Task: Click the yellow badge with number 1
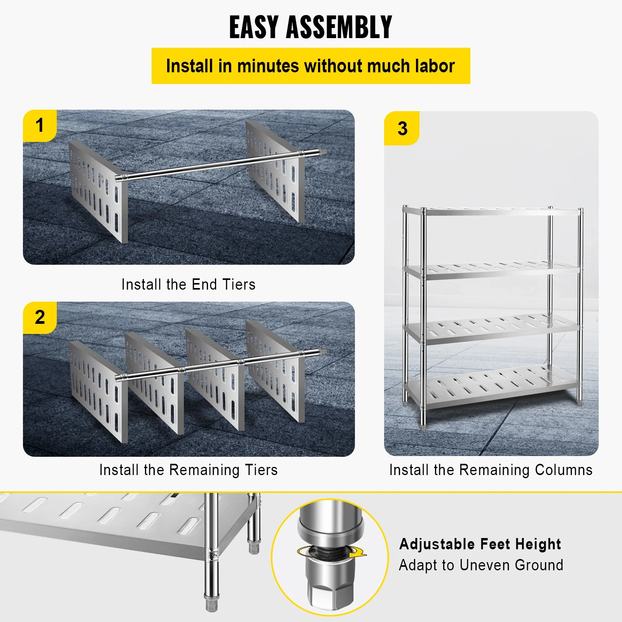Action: (x=40, y=126)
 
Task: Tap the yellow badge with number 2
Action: (x=40, y=318)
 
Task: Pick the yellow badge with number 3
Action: (x=402, y=129)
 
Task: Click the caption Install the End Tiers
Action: (x=189, y=285)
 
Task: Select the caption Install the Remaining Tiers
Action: (x=189, y=470)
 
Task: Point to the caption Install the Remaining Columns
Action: (x=491, y=470)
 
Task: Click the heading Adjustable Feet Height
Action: (x=480, y=544)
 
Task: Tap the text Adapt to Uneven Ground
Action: (x=481, y=565)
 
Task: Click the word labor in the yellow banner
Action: (x=434, y=66)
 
